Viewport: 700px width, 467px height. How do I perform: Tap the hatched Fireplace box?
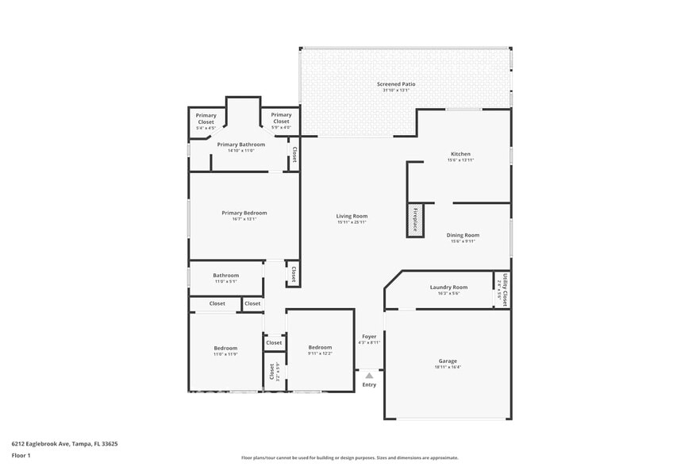[x=415, y=220]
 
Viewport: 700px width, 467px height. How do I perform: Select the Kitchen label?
[x=460, y=154]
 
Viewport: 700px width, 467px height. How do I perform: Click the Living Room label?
[x=352, y=216]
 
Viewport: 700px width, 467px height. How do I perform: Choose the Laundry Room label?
[x=448, y=287]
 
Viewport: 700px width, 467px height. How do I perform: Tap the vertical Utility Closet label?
[x=503, y=289]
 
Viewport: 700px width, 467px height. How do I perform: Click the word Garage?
[x=448, y=361]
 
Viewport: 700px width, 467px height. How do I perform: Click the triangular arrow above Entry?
[x=369, y=376]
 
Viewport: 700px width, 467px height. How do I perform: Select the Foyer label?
[x=369, y=337]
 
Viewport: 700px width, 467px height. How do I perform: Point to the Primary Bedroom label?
[x=244, y=213]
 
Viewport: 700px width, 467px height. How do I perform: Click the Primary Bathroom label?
[x=240, y=145]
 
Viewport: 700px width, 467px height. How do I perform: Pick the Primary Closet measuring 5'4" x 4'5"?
[x=206, y=118]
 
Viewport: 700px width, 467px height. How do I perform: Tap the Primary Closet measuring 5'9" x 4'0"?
[x=281, y=118]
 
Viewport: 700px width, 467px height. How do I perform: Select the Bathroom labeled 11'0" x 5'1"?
[x=225, y=275]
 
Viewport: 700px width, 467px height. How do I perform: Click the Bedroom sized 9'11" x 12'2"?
[x=320, y=347]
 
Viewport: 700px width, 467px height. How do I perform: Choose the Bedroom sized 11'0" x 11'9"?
[x=225, y=348]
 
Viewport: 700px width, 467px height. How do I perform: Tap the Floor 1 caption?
[x=21, y=455]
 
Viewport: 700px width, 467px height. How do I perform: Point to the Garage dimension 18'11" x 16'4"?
[x=448, y=368]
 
